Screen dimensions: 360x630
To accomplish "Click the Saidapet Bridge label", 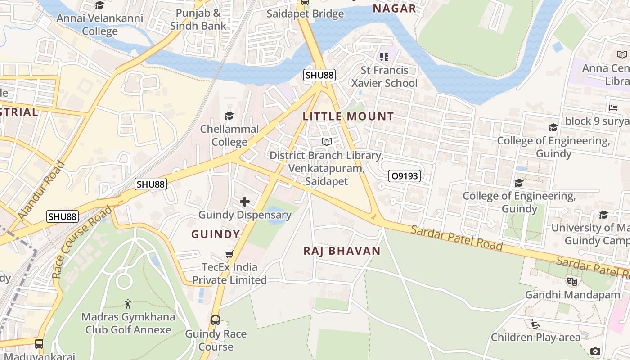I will click(x=305, y=14).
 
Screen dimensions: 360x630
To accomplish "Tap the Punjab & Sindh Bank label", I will click(x=198, y=19).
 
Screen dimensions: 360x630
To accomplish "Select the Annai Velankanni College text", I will click(x=100, y=25).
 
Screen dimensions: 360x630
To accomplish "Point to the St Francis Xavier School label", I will click(x=384, y=76).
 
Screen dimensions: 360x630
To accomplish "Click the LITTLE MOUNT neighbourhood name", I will click(x=348, y=117).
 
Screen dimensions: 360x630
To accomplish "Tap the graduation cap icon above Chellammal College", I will click(x=229, y=116).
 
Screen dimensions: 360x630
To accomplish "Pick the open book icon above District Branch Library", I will click(x=326, y=142).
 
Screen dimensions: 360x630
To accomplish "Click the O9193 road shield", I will click(x=405, y=176).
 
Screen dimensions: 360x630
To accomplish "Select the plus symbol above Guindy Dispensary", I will click(x=245, y=202).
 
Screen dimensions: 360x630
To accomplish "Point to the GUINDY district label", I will click(x=216, y=234).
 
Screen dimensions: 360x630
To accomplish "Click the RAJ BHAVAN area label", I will click(x=342, y=251).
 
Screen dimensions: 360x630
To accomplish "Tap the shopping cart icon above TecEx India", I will click(x=229, y=254).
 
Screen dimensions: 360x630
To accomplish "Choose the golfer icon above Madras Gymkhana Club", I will click(x=128, y=304).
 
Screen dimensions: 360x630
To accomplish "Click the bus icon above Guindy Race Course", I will click(x=216, y=320).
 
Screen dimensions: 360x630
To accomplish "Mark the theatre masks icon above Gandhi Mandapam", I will click(x=572, y=282).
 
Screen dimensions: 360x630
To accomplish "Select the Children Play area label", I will click(x=535, y=337).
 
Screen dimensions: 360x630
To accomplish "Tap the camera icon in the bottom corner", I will click(x=595, y=351).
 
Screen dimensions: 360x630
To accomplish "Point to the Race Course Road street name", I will click(x=82, y=242).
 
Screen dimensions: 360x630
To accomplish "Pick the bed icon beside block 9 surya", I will click(x=613, y=108).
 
